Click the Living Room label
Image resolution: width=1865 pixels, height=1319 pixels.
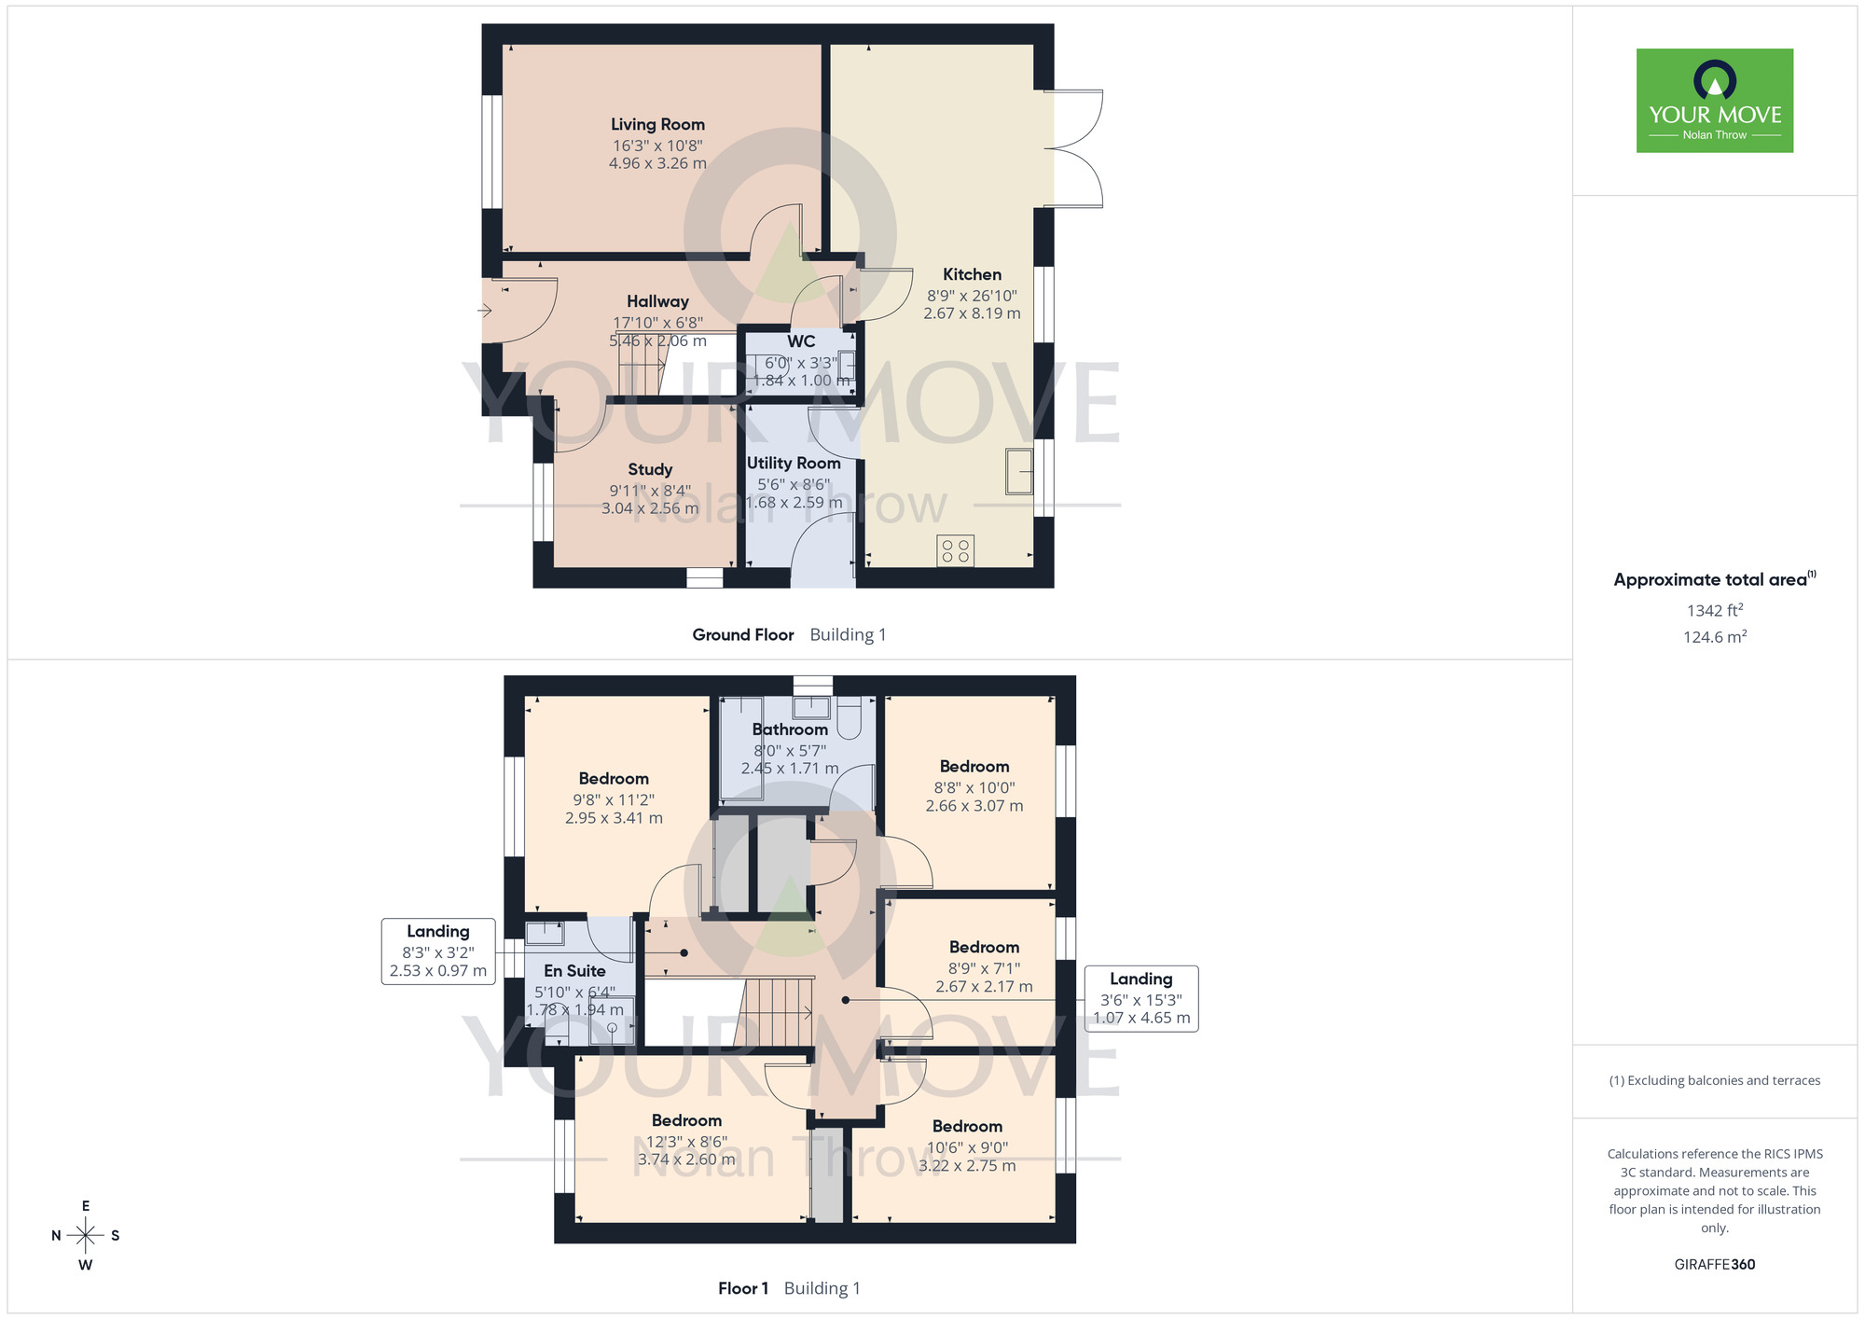tap(657, 124)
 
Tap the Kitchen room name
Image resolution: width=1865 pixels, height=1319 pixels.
tap(972, 274)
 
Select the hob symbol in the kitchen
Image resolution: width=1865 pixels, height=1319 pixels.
tap(956, 550)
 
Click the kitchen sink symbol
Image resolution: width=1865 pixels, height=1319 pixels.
tap(1019, 471)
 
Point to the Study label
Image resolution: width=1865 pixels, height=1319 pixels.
tap(650, 469)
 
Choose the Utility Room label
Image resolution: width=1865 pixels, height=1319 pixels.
tap(794, 463)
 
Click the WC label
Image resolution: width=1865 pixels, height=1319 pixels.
tap(801, 341)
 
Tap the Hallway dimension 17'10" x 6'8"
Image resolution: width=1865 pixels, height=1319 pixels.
tap(657, 323)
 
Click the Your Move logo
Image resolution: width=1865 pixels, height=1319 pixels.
tap(1715, 101)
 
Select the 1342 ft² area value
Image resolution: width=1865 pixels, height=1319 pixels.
tap(1715, 610)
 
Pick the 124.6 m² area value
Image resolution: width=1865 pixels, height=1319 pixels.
tap(1715, 637)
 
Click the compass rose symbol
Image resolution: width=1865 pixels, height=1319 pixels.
tap(85, 1236)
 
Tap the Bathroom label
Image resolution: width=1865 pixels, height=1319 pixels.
tap(790, 729)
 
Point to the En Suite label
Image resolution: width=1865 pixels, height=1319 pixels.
tap(574, 971)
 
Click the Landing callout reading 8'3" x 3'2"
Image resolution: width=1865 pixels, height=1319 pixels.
tap(438, 951)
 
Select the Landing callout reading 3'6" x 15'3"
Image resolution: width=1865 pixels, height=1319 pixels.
tap(1141, 998)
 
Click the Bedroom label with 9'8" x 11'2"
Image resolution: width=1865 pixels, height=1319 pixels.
tap(614, 779)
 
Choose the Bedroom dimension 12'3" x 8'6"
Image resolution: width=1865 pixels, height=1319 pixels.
tap(686, 1142)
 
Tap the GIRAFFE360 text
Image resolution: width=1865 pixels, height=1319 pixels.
tap(1715, 1265)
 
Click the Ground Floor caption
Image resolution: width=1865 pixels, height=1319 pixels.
tap(743, 634)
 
